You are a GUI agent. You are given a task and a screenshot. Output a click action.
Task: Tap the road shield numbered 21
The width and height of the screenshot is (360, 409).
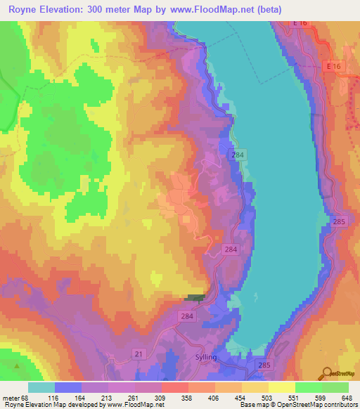coord(139,353)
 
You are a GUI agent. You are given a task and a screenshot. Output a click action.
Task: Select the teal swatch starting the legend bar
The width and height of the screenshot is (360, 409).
coord(41,387)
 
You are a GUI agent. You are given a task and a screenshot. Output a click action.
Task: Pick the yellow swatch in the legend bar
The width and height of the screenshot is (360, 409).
coord(281,387)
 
